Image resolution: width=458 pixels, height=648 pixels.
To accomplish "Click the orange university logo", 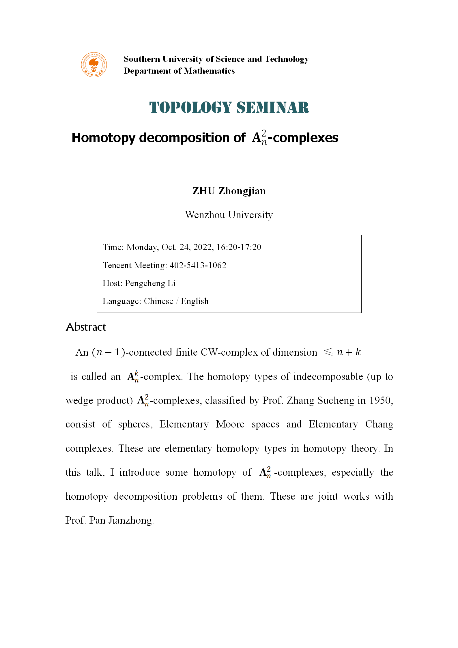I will click(94, 65).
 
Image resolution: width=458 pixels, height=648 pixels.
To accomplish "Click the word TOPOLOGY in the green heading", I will click(190, 107).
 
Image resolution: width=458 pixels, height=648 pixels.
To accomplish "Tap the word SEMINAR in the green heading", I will click(272, 107).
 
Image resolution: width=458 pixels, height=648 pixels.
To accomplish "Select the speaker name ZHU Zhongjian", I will click(229, 191).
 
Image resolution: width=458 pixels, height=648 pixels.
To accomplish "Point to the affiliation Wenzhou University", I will click(229, 215).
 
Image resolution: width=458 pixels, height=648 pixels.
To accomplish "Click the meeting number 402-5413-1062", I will click(198, 265).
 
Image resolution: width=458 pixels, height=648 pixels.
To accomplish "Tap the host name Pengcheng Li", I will click(150, 283).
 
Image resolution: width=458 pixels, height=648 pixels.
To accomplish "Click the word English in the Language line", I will click(195, 301).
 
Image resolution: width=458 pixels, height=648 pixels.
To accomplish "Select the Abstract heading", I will click(86, 327).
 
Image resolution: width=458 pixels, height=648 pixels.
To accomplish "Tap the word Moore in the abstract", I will click(230, 424).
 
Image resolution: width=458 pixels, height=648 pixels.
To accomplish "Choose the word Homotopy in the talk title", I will click(103, 138).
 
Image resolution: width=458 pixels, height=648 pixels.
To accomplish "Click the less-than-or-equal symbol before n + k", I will click(328, 352).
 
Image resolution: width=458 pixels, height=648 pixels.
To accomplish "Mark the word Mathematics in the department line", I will click(209, 71).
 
